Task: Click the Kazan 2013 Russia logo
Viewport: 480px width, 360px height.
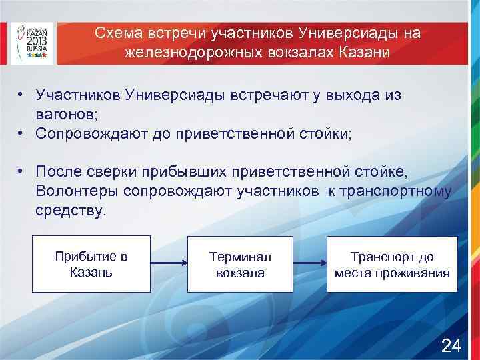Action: pos(33,41)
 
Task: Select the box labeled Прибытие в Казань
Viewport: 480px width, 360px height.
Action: pos(91,264)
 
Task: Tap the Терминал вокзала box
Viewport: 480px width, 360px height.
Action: pos(241,265)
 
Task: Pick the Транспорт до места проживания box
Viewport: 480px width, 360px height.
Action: pos(392,265)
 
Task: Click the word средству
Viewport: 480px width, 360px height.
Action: pos(70,211)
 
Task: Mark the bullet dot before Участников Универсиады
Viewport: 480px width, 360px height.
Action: pos(22,95)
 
